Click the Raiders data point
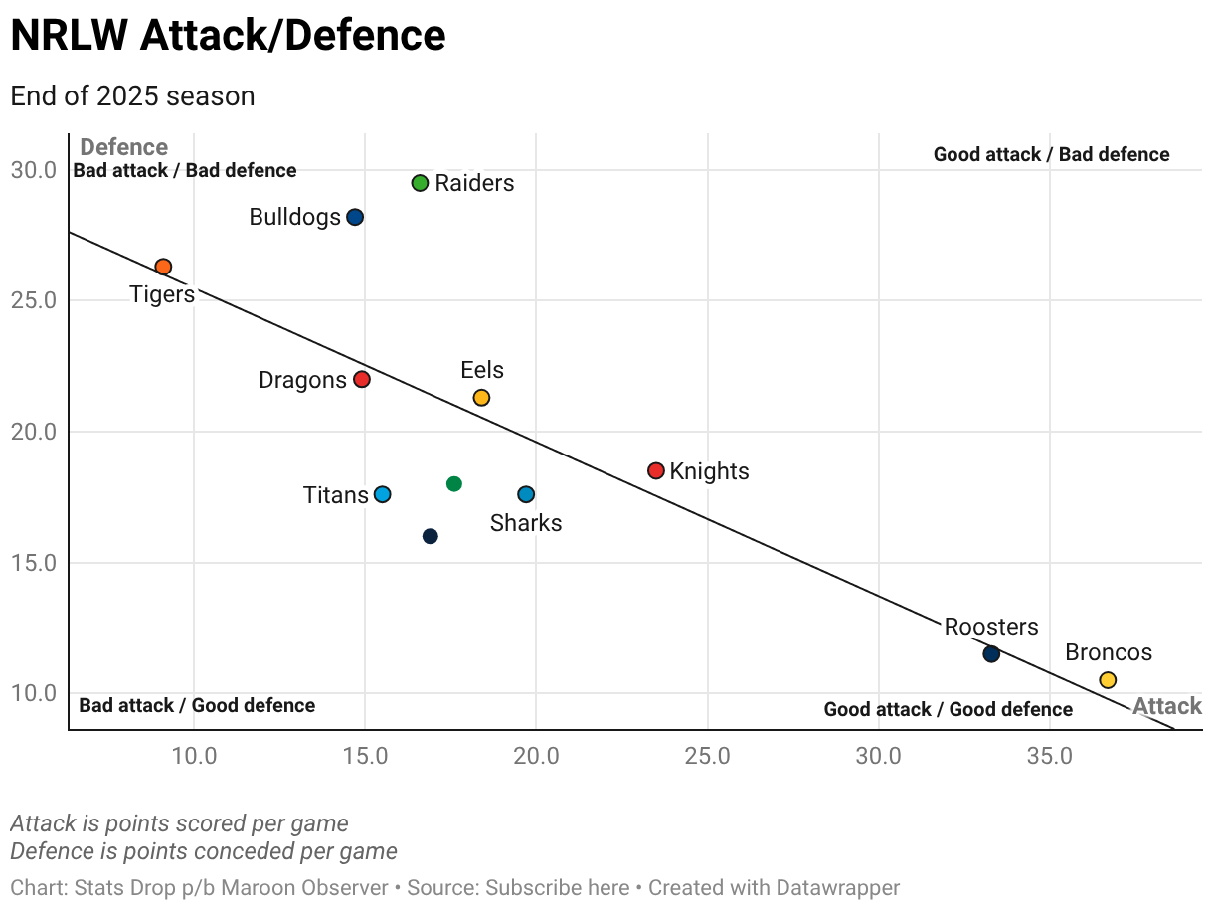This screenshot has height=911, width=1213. pos(420,183)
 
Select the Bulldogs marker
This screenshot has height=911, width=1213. pos(355,217)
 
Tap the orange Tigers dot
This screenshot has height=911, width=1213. pos(163,267)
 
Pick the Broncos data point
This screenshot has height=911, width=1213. pos(1108,680)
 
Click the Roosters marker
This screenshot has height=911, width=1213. pos(991,654)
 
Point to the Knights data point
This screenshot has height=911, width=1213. pos(656,470)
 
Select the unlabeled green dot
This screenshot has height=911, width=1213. pos(454,484)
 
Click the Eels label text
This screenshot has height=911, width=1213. pos(482,370)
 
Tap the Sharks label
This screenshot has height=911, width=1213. pos(526,523)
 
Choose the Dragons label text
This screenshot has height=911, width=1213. pos(302,380)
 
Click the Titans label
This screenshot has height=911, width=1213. pos(335,495)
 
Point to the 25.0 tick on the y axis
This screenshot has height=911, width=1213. pos(34,301)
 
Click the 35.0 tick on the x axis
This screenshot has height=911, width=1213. pos(1049,756)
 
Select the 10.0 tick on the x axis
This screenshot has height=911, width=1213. pos(195,756)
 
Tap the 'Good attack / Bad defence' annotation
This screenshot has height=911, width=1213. pos(1051,155)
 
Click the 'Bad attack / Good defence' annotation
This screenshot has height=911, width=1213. pos(197,706)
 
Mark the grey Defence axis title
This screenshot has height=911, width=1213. pos(123,148)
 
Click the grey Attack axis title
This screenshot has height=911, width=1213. pos(1167,707)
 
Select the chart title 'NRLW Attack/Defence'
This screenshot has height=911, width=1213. pos(228,36)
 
